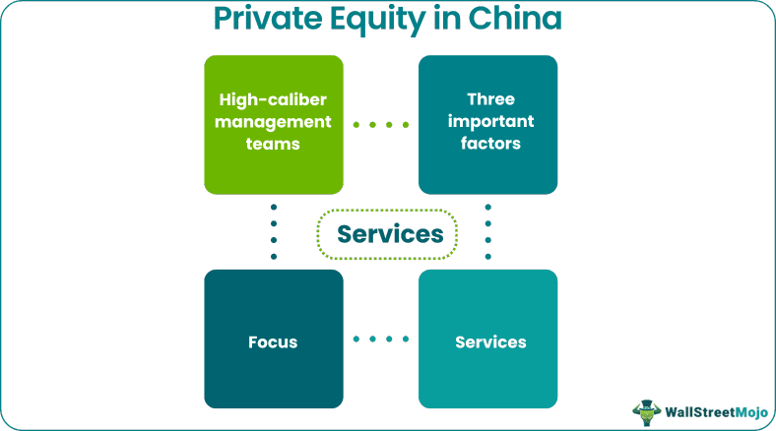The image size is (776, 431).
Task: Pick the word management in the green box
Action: (x=274, y=122)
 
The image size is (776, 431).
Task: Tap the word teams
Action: (x=274, y=144)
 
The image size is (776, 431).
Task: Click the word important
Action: (x=490, y=122)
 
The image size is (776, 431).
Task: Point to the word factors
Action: (x=490, y=144)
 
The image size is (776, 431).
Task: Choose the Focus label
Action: (x=273, y=342)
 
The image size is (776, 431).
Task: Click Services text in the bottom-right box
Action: (x=490, y=342)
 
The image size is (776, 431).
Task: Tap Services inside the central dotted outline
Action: (x=388, y=235)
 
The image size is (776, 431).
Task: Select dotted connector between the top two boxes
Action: (x=380, y=125)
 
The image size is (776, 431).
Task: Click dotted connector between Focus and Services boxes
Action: (x=380, y=339)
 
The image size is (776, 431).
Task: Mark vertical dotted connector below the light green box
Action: (x=274, y=231)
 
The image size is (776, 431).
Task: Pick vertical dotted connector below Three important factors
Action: (x=488, y=231)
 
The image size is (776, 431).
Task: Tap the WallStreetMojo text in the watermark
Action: (x=714, y=410)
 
